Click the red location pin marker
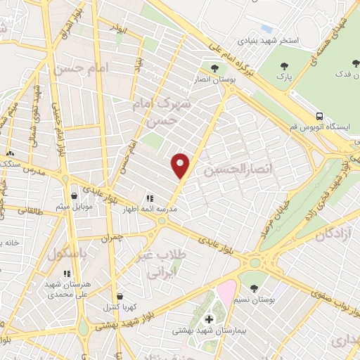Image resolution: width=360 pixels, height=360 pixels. pos(181,165)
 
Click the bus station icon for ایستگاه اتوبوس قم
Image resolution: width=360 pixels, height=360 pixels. pos(320,115)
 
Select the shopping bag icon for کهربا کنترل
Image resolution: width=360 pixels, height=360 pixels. pos(120,297)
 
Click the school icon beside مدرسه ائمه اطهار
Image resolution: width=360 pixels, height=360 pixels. pos(148,199)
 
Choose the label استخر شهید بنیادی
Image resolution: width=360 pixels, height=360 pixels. pos(270,41)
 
